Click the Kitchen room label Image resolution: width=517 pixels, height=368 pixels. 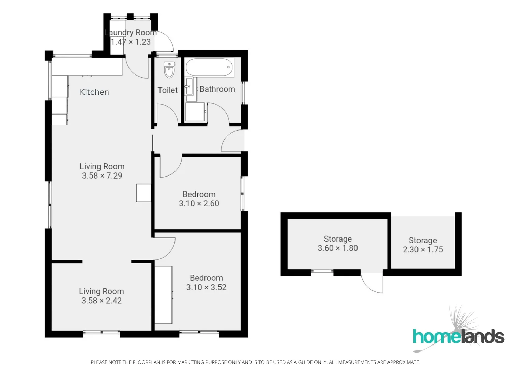(x=94, y=92)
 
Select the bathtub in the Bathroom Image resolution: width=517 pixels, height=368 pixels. (x=209, y=67)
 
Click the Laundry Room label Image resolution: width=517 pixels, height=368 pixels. (x=131, y=33)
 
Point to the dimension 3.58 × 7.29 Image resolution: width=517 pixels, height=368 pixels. (x=102, y=176)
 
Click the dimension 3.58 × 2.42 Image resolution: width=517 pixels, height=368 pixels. (x=101, y=301)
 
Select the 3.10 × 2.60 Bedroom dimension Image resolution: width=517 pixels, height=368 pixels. (x=199, y=203)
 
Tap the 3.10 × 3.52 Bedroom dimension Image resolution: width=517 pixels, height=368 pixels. (x=206, y=287)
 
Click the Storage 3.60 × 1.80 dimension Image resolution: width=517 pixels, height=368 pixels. (x=337, y=248)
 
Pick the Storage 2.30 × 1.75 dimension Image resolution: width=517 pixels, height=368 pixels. (x=423, y=249)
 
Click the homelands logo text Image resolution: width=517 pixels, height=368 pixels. (x=458, y=337)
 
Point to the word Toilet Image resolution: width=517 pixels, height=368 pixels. (x=167, y=90)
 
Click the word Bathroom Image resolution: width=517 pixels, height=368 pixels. (x=217, y=89)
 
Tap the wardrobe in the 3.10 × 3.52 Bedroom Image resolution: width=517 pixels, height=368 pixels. (x=164, y=295)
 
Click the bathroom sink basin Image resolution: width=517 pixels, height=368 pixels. (x=189, y=86)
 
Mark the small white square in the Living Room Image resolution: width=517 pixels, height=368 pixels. (x=143, y=193)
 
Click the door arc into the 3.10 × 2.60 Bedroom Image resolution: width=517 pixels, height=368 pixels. (x=170, y=167)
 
